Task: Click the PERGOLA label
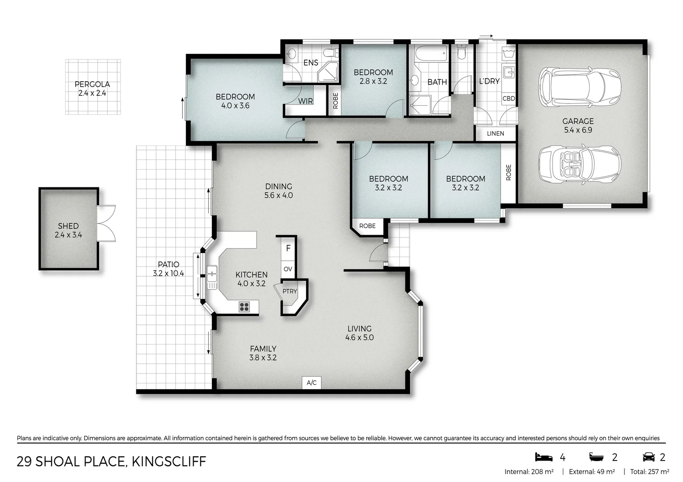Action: point(92,84)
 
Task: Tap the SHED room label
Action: point(68,226)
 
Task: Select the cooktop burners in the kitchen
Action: point(244,307)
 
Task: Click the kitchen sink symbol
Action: point(212,277)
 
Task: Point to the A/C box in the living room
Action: point(312,383)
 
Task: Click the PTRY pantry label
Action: point(290,291)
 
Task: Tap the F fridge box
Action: point(288,249)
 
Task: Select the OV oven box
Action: point(288,269)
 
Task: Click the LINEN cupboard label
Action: point(495,133)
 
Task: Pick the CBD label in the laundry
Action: point(509,98)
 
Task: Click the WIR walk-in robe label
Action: point(306,101)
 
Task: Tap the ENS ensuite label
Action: point(311,63)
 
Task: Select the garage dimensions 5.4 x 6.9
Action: point(578,130)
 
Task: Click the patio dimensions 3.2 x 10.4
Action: point(169,274)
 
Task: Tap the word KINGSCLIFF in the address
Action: point(169,461)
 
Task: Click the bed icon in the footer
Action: point(544,457)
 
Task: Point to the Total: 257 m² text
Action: point(649,472)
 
